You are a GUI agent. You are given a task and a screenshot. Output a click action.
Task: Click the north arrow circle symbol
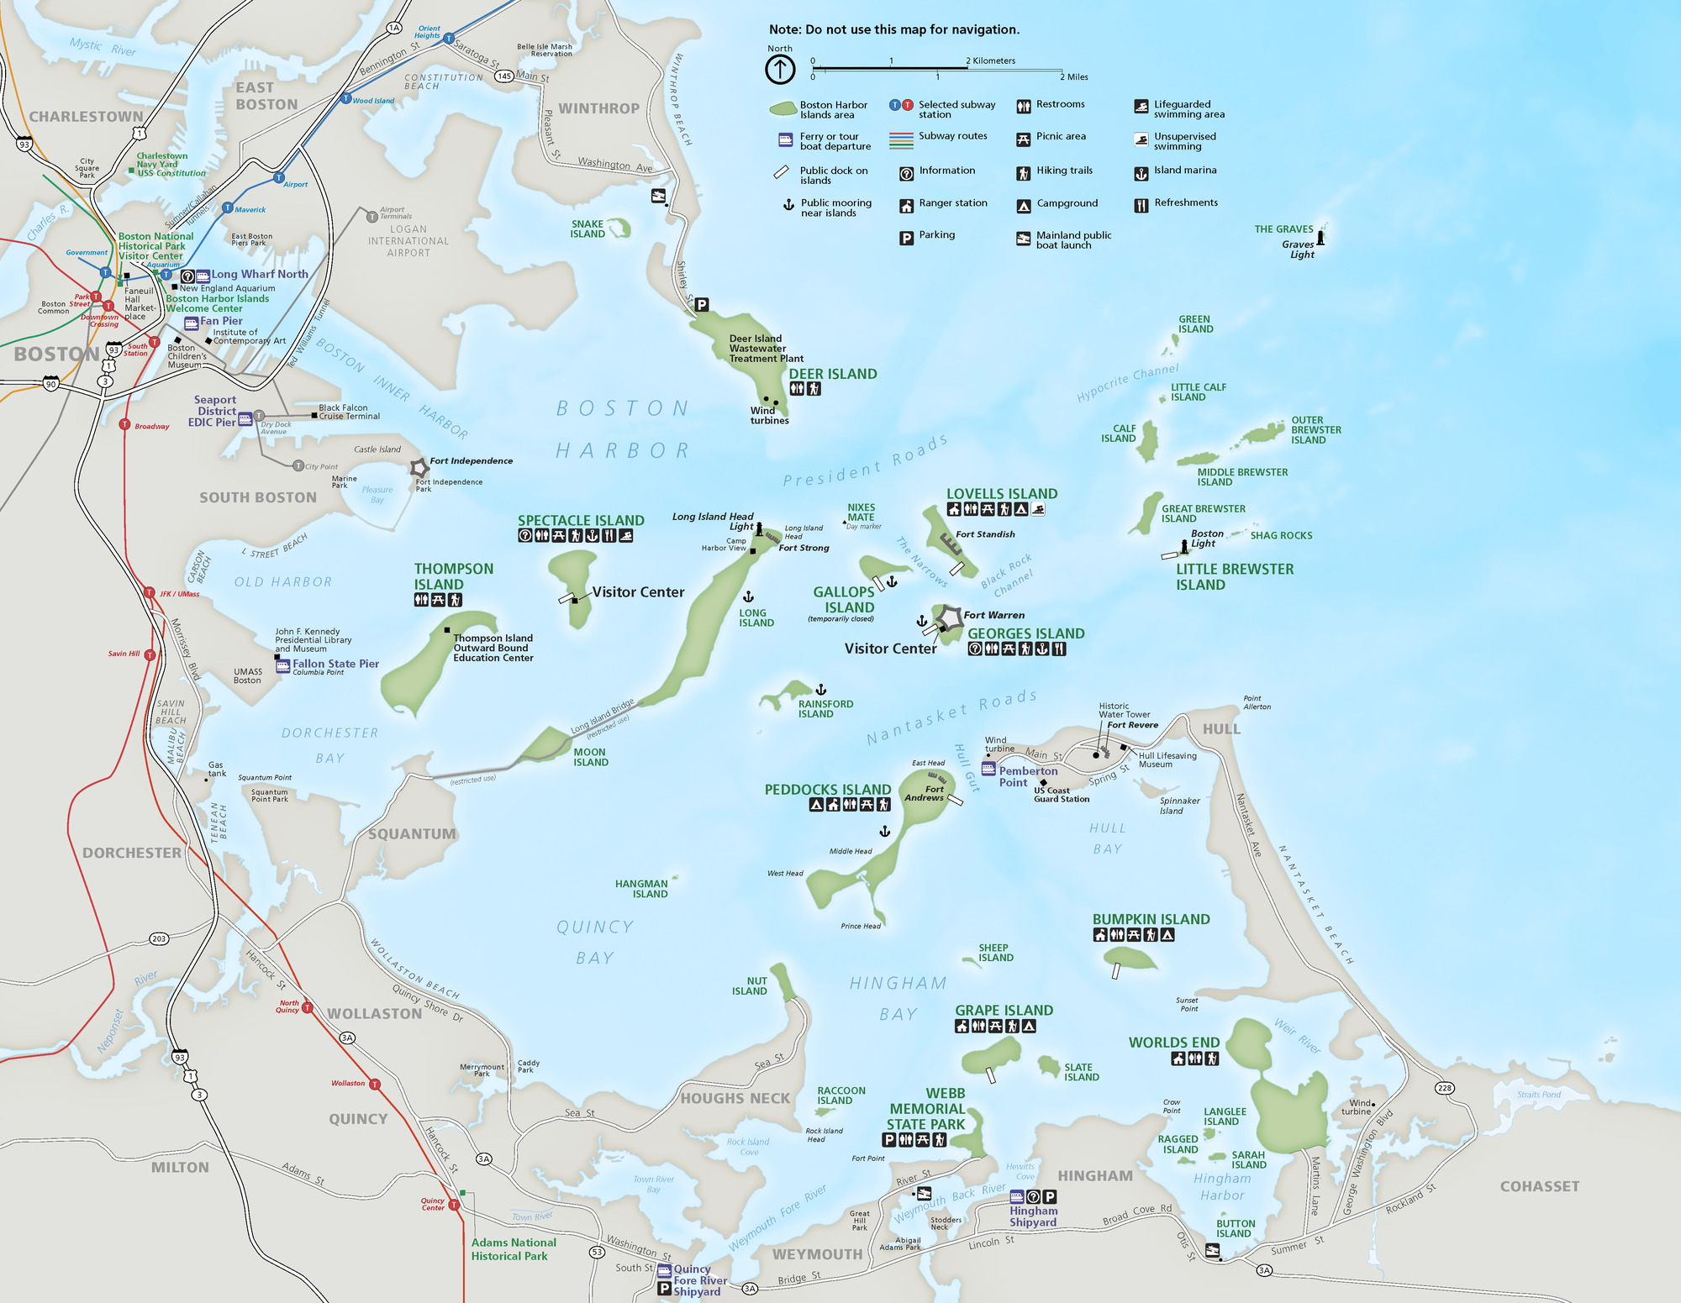(780, 70)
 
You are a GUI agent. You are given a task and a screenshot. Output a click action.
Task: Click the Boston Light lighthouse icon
(1184, 546)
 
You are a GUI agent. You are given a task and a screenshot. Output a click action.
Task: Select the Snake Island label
(588, 229)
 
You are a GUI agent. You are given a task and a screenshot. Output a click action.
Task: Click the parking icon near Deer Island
(702, 305)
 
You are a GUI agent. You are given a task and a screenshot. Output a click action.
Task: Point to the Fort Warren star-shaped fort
(950, 617)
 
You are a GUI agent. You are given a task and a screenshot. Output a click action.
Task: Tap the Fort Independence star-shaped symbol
(419, 468)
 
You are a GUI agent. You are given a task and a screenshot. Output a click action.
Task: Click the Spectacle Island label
(581, 521)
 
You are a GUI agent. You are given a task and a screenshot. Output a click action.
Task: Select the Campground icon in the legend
(1024, 205)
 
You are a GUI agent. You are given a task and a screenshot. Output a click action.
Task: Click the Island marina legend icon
(1141, 173)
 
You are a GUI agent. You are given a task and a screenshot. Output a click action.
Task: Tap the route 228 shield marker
(1444, 1088)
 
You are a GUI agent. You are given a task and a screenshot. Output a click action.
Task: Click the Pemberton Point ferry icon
(988, 769)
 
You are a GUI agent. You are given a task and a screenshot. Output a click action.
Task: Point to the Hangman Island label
(641, 889)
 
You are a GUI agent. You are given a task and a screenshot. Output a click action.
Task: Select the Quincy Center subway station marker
(454, 1205)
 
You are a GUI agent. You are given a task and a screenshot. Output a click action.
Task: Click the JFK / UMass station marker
(149, 592)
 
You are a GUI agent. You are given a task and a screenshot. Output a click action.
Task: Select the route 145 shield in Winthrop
(503, 76)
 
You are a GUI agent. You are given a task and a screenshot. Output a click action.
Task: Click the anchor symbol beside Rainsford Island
(821, 690)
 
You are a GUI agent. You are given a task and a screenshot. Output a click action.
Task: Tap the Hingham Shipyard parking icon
(1049, 1196)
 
